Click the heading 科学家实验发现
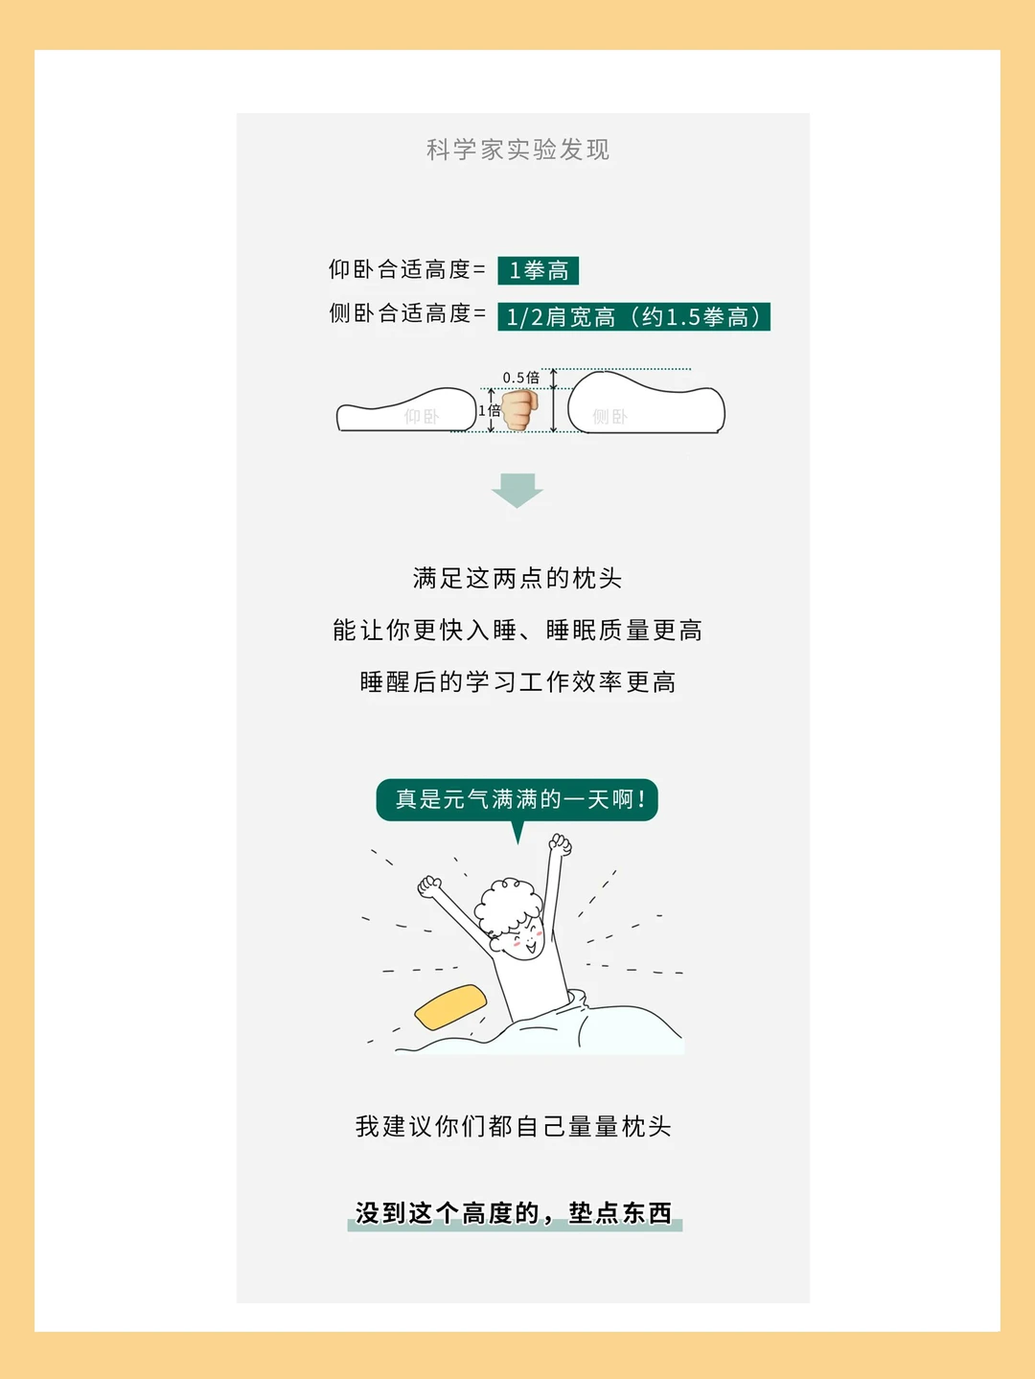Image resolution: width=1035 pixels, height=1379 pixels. (x=517, y=149)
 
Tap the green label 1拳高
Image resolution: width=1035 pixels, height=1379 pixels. (x=539, y=271)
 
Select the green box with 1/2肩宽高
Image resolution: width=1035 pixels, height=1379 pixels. (x=633, y=316)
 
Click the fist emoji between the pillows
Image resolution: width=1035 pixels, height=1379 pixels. (x=520, y=409)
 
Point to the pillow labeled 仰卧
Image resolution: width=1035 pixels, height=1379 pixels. (x=405, y=409)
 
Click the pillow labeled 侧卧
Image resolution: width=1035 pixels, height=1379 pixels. (x=646, y=402)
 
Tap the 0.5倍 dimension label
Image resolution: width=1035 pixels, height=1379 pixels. (x=520, y=378)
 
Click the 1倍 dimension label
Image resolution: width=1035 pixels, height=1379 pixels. (x=489, y=411)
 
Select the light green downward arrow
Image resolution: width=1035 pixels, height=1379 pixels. (x=517, y=491)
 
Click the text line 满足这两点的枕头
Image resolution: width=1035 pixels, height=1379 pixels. (x=517, y=578)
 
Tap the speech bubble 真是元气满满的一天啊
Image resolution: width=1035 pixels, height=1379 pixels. (x=517, y=800)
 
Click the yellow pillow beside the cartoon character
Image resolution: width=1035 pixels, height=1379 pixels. (x=451, y=1006)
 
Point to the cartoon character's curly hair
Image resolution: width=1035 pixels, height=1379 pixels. (x=508, y=905)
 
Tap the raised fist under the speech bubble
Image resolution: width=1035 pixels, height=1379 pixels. (x=561, y=845)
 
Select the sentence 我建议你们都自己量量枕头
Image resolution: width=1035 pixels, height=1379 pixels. (x=514, y=1126)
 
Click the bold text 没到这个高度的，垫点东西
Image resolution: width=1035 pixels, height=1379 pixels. (x=515, y=1213)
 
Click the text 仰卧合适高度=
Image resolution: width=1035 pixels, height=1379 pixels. (x=407, y=269)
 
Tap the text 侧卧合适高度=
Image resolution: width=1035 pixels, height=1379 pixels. (x=407, y=312)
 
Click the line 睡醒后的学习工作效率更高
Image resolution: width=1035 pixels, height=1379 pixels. (x=517, y=682)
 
